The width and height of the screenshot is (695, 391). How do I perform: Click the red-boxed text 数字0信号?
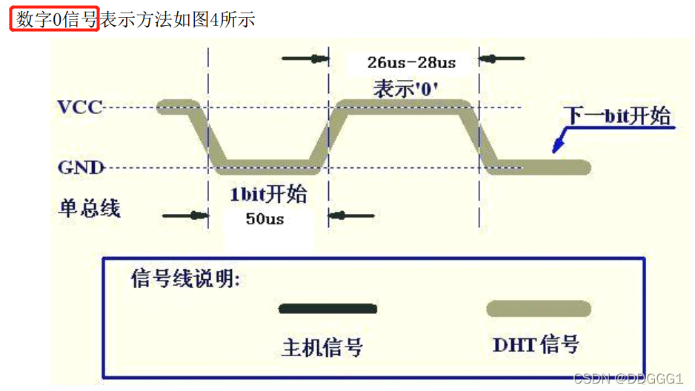(x=54, y=19)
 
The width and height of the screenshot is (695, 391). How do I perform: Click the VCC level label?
(x=80, y=107)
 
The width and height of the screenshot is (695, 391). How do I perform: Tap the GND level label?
(x=81, y=167)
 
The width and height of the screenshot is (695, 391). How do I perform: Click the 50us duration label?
(x=265, y=219)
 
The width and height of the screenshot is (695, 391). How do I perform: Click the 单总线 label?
(x=89, y=208)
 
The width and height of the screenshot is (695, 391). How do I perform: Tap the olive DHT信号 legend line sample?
(x=538, y=308)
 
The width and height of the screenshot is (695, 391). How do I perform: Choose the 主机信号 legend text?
(x=322, y=347)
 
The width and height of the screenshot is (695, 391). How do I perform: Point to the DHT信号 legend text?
(x=536, y=344)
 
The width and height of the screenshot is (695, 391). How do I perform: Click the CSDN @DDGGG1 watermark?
(x=628, y=378)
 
